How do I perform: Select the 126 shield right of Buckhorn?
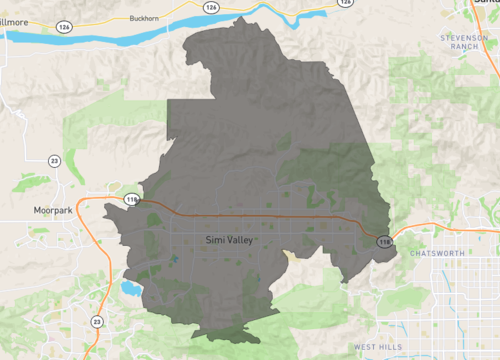pos(210,7)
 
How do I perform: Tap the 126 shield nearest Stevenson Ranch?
pos(344,3)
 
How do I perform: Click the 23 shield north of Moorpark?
pos(54,160)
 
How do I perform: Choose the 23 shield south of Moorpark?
pos(96,321)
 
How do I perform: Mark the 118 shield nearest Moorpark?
pos(132,200)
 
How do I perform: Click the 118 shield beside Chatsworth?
pos(384,241)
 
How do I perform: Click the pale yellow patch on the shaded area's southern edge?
pos(291,254)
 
